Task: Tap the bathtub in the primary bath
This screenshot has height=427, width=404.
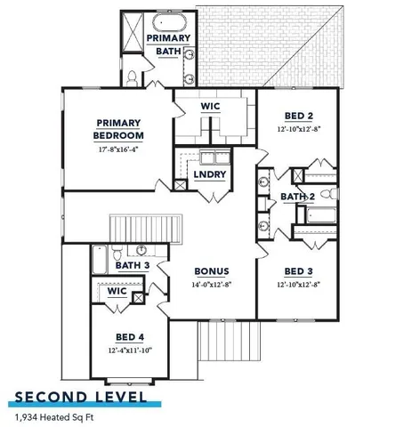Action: pyautogui.click(x=168, y=24)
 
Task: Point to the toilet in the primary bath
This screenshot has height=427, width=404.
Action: pyautogui.click(x=131, y=78)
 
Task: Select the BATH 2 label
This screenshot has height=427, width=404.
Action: pyautogui.click(x=298, y=197)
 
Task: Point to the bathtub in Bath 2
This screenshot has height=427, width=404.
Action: pyautogui.click(x=318, y=214)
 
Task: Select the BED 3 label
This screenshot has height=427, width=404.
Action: pyautogui.click(x=298, y=271)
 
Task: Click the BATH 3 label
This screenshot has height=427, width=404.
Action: pyautogui.click(x=132, y=265)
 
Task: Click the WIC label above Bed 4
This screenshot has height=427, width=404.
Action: pyautogui.click(x=117, y=291)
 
